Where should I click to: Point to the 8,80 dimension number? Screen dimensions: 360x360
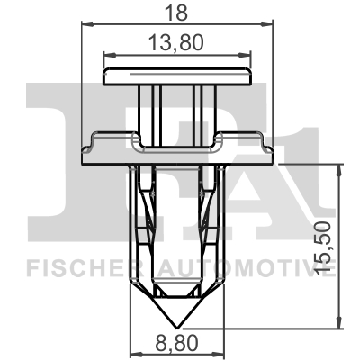[x=175, y=343]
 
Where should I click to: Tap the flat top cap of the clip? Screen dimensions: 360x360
[x=175, y=76]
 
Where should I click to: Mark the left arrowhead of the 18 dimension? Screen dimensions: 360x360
[x=85, y=26]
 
